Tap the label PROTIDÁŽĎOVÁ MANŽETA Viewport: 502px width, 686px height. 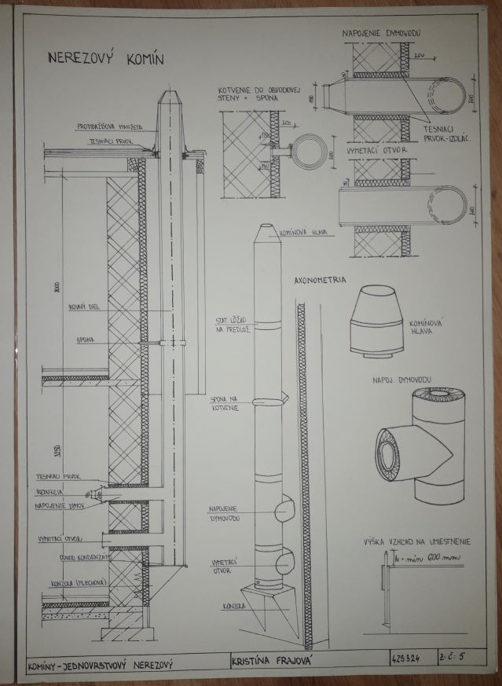[109, 126]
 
